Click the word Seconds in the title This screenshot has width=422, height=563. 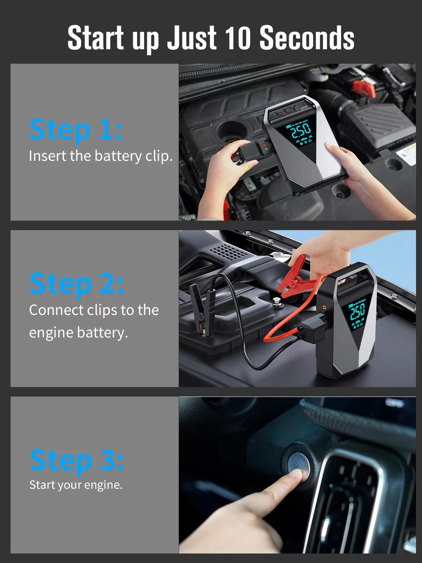[307, 38]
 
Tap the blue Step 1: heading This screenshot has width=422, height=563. [76, 129]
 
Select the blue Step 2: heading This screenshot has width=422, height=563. [76, 284]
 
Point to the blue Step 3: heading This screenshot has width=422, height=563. [77, 460]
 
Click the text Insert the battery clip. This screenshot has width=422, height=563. [101, 156]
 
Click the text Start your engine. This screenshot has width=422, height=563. [76, 485]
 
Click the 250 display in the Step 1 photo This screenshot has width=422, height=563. [300, 131]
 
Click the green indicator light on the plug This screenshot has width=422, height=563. [266, 149]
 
